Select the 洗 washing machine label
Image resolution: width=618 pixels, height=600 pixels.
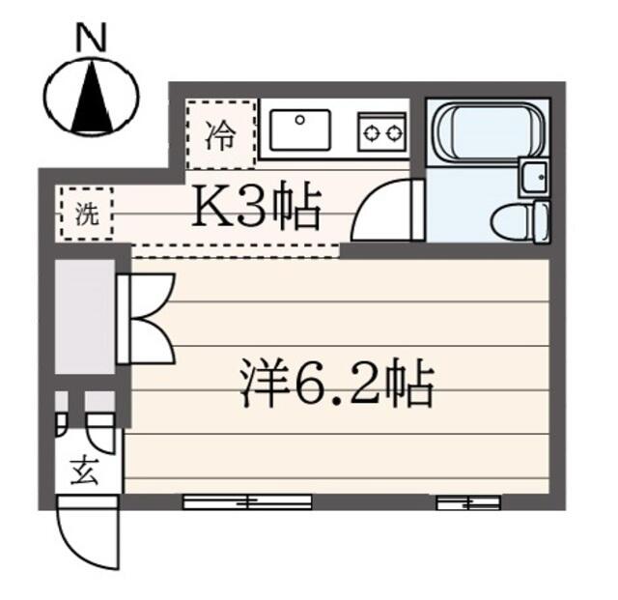85,214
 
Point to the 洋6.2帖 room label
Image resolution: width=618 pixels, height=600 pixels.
336,385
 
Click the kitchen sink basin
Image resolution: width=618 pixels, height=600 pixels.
299,129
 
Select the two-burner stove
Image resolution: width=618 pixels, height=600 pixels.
381,131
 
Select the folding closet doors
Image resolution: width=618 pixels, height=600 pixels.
145,318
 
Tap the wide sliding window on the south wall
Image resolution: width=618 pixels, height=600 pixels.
247,501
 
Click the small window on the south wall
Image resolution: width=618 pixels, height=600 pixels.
467,501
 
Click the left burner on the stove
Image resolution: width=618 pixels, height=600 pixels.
370,132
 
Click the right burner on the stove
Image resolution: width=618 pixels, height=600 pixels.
393,132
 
